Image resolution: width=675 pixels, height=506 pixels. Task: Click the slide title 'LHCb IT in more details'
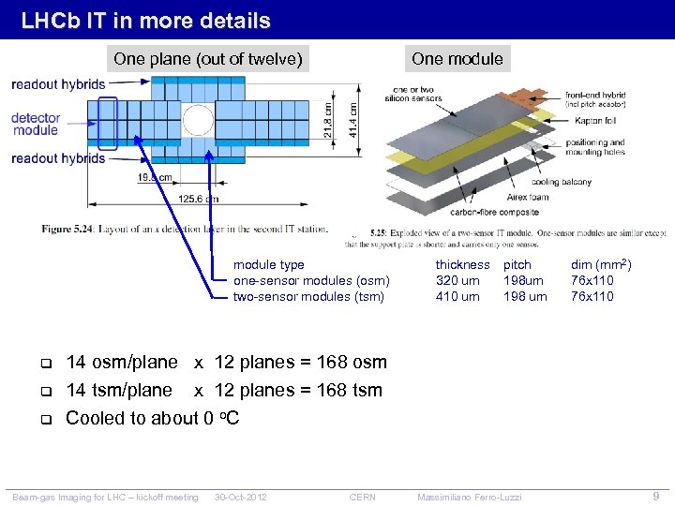click(145, 21)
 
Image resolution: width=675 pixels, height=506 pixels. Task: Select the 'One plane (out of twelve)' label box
click(208, 59)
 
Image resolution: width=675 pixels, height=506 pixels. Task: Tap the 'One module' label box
click(457, 59)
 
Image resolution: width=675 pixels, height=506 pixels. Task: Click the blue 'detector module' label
click(36, 124)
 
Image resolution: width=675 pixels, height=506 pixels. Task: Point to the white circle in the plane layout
click(198, 120)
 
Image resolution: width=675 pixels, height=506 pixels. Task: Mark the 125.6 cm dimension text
click(198, 199)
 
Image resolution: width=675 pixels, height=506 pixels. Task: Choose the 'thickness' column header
click(462, 265)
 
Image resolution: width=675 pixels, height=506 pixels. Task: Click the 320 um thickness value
click(457, 281)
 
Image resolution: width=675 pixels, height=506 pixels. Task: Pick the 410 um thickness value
click(457, 297)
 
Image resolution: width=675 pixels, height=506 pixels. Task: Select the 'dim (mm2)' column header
click(601, 265)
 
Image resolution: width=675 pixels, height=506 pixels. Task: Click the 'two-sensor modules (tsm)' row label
click(308, 297)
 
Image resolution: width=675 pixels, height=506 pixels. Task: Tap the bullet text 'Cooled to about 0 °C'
click(152, 418)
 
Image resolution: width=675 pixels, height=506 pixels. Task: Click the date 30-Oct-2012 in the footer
click(240, 497)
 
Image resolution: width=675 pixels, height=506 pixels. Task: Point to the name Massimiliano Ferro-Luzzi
click(469, 497)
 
